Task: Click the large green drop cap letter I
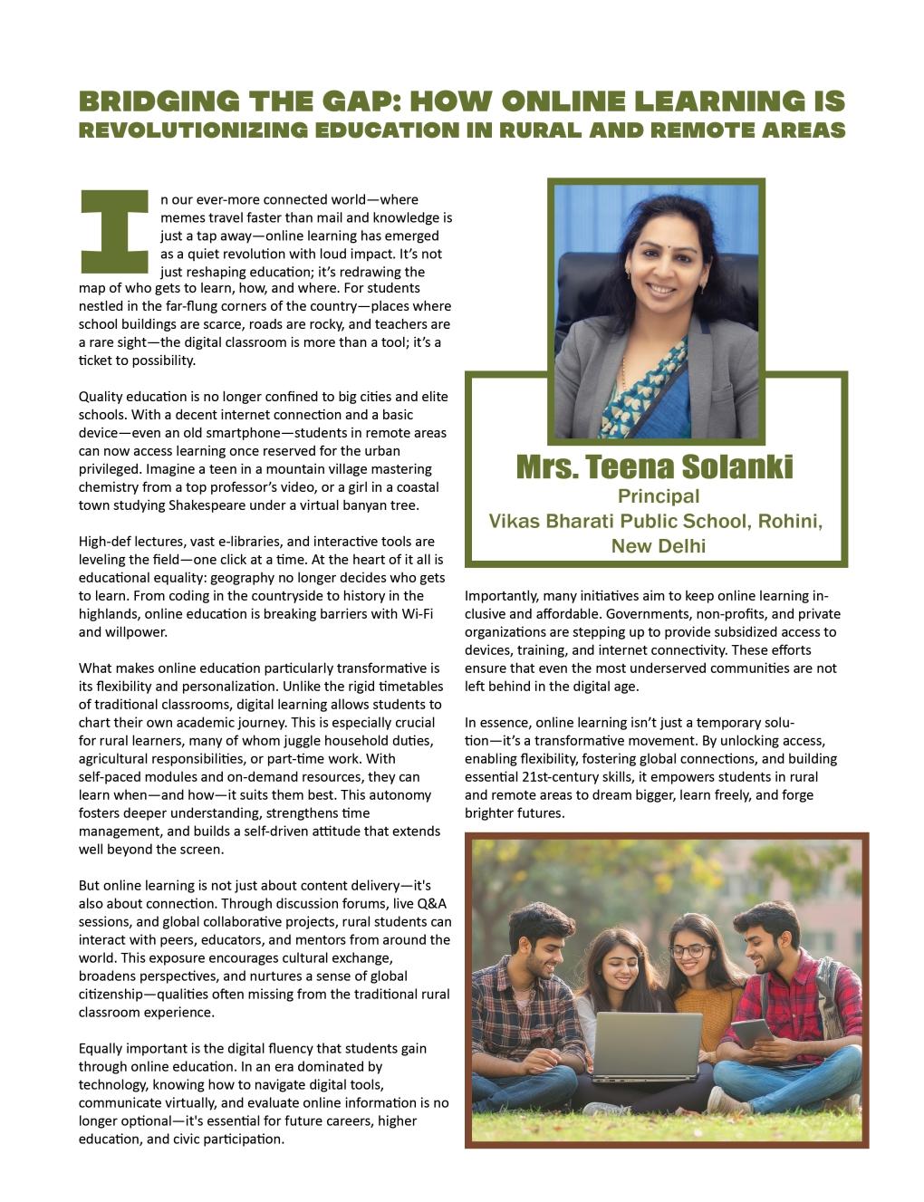114,232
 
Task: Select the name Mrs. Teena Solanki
655,467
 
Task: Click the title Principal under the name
659,496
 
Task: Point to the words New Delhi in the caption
659,546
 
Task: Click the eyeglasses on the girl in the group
690,951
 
